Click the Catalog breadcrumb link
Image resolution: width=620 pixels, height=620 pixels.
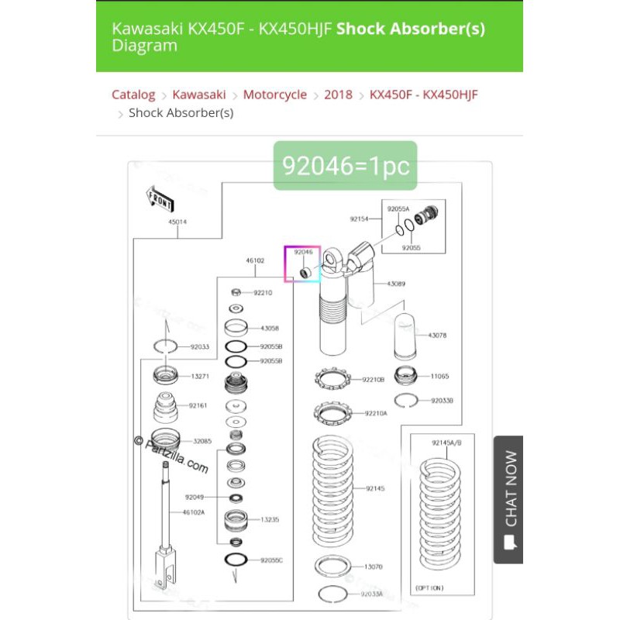point(133,95)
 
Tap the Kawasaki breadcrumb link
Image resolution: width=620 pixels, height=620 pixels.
point(199,95)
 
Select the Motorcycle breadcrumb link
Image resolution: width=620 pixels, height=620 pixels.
point(275,95)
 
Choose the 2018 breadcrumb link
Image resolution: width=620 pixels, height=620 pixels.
point(338,95)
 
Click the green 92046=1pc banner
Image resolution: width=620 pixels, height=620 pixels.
point(345,166)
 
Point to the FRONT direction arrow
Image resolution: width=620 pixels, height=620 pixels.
point(160,198)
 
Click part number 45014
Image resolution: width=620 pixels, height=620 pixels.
point(177,222)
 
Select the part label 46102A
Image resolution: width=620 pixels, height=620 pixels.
point(194,512)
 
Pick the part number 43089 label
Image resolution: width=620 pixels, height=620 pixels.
point(396,284)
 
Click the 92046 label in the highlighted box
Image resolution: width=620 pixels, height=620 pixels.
point(303,252)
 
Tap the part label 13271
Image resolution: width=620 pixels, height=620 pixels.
point(200,377)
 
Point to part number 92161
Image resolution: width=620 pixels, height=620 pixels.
point(198,405)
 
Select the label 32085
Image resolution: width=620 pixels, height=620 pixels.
point(202,441)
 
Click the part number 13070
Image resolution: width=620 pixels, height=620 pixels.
point(374,567)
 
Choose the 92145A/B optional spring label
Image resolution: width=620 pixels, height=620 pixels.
point(446,443)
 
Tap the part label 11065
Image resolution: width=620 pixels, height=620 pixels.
point(439,376)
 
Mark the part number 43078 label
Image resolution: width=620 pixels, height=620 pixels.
point(438,335)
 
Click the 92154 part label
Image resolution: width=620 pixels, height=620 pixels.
point(359,219)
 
